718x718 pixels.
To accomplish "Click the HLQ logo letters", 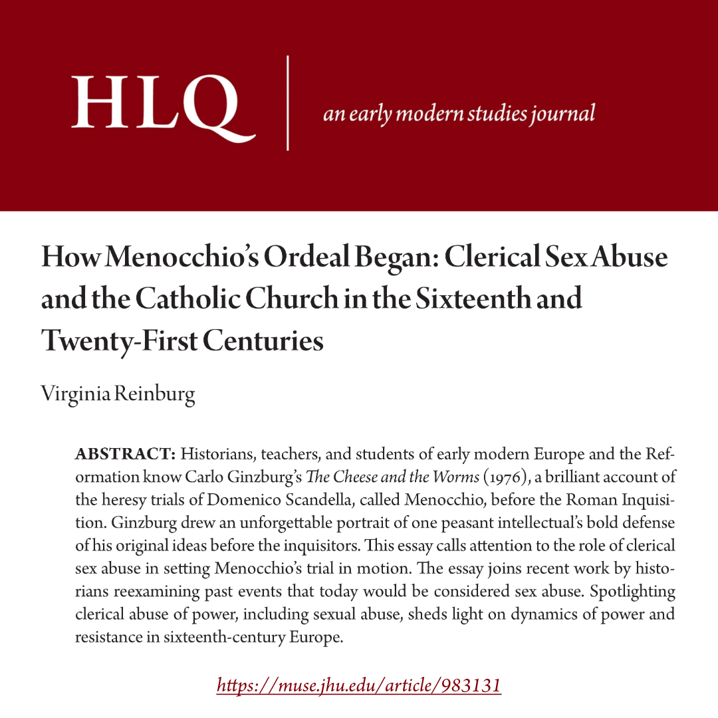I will pyautogui.click(x=164, y=102).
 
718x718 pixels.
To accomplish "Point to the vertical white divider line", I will pyautogui.click(x=288, y=103).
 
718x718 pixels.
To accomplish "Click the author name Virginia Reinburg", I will pyautogui.click(x=118, y=394).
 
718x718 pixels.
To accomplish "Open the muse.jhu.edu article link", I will pyautogui.click(x=359, y=685).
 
